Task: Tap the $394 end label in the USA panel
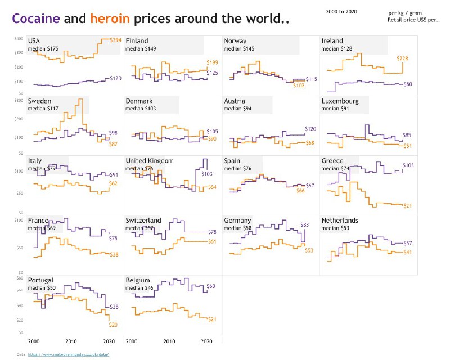coord(115,40)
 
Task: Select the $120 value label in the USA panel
coord(115,78)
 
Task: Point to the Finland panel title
coord(137,42)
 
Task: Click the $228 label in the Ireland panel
coord(402,58)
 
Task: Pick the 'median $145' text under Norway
coord(239,49)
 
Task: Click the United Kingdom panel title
coord(150,161)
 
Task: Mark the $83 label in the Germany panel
coord(305,224)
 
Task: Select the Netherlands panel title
coord(340,220)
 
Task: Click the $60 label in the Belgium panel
coord(211,286)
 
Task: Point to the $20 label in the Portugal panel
coord(114,325)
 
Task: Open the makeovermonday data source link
coord(75,354)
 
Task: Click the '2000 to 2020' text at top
coord(341,11)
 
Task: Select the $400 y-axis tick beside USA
coord(19,38)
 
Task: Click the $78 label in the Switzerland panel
coord(212,232)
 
